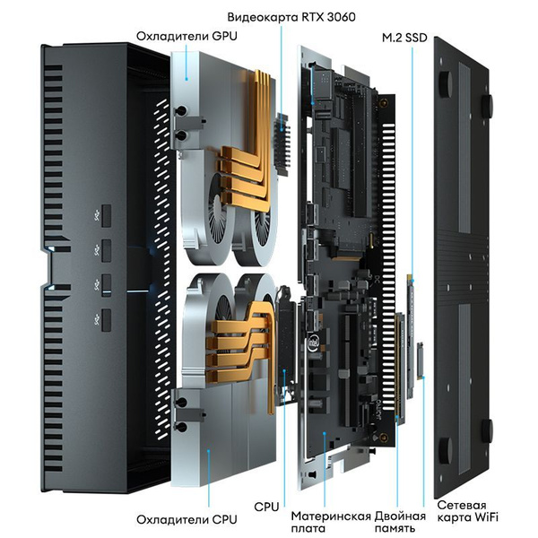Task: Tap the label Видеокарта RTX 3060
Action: pyautogui.click(x=283, y=15)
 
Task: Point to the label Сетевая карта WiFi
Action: pyautogui.click(x=467, y=512)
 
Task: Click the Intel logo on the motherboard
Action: pyautogui.click(x=315, y=342)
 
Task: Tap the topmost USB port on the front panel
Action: pyautogui.click(x=106, y=215)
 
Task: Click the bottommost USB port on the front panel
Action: pyautogui.click(x=106, y=318)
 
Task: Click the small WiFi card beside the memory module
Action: pyautogui.click(x=419, y=359)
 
